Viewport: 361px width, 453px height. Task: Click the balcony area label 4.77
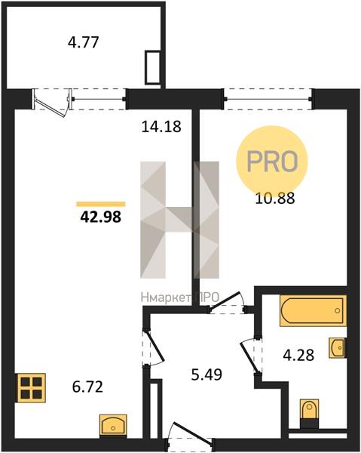point(84,42)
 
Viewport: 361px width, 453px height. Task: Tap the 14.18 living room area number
point(161,127)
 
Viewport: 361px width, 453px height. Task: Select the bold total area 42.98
point(101,217)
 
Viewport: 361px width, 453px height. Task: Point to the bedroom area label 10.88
point(275,199)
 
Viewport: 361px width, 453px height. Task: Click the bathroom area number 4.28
point(298,355)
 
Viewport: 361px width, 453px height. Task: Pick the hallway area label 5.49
point(207,374)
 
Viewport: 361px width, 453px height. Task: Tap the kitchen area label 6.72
point(87,387)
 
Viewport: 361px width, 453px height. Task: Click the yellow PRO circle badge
point(272,162)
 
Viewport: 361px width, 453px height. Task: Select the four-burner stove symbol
point(32,388)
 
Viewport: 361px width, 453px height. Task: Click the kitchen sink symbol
point(113,424)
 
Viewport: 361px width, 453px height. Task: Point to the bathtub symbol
point(313,310)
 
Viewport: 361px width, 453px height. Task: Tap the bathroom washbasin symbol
point(338,347)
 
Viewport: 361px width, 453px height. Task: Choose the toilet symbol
point(309,413)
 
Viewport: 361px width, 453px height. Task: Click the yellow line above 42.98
point(101,205)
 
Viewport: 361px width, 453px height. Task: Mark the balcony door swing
point(51,103)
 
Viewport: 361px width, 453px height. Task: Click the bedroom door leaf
point(226,301)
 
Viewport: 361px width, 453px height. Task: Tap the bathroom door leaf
point(250,358)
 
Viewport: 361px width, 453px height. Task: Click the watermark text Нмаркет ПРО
point(180,297)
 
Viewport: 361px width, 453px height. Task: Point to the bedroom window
point(268,99)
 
